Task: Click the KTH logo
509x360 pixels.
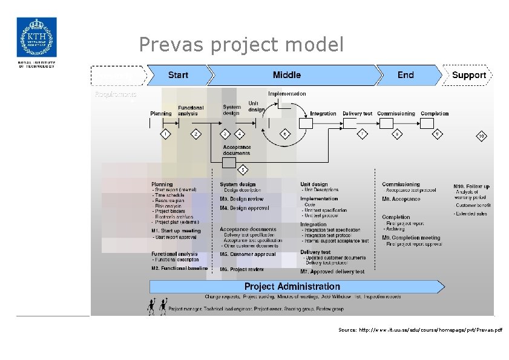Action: click(x=36, y=38)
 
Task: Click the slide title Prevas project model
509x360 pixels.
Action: click(x=241, y=44)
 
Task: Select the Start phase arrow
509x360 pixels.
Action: click(x=178, y=75)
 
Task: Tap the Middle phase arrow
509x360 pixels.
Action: click(x=286, y=75)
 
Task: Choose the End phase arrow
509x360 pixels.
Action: click(x=406, y=75)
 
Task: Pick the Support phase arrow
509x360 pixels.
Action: click(x=468, y=75)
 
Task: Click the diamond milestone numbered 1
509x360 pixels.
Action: click(x=165, y=134)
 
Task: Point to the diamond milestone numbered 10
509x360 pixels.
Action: click(x=481, y=136)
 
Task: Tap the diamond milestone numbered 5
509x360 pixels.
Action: click(x=243, y=169)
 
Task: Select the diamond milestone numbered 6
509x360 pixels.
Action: click(x=286, y=134)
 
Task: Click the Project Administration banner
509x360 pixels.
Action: click(x=292, y=286)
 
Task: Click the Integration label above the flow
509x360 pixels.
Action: click(x=323, y=114)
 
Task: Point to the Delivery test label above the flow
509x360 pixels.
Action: click(x=357, y=114)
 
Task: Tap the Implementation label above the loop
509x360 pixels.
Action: click(x=287, y=94)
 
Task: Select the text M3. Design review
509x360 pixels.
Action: click(x=241, y=199)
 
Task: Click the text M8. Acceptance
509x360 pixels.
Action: click(x=401, y=199)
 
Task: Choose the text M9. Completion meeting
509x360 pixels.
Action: click(x=411, y=238)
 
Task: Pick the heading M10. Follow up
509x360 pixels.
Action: click(x=471, y=186)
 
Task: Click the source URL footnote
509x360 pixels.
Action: click(x=420, y=330)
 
